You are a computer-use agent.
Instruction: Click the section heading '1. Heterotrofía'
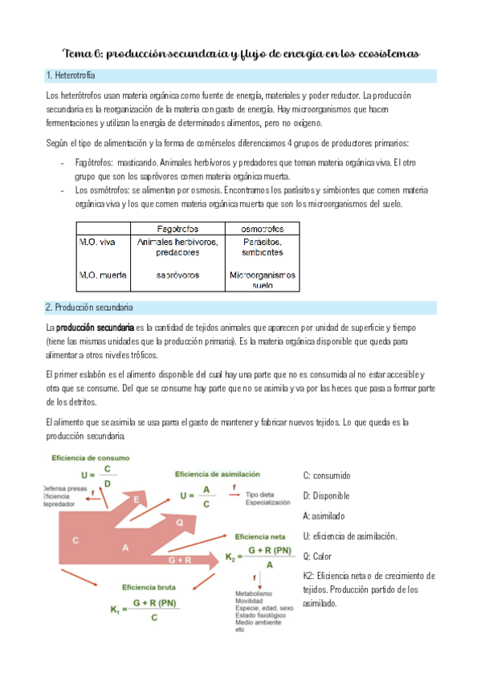point(71,75)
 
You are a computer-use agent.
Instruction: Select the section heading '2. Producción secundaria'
point(89,307)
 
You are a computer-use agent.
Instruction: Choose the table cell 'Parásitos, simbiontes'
point(263,247)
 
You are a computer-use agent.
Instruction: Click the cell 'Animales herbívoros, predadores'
point(178,247)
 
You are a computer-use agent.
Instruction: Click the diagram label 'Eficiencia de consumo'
point(91,458)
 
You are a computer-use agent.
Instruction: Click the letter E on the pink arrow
point(137,500)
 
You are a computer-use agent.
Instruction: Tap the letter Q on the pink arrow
point(179,522)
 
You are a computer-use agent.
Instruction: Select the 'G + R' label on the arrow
point(180,559)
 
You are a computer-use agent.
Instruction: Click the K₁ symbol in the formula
point(117,610)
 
